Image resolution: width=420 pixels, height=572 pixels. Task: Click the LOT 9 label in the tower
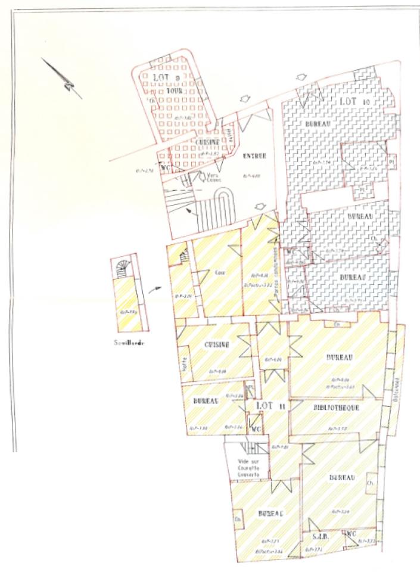point(169,77)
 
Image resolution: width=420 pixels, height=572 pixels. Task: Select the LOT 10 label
point(355,102)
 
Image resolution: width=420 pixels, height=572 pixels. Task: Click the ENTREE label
point(254,156)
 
